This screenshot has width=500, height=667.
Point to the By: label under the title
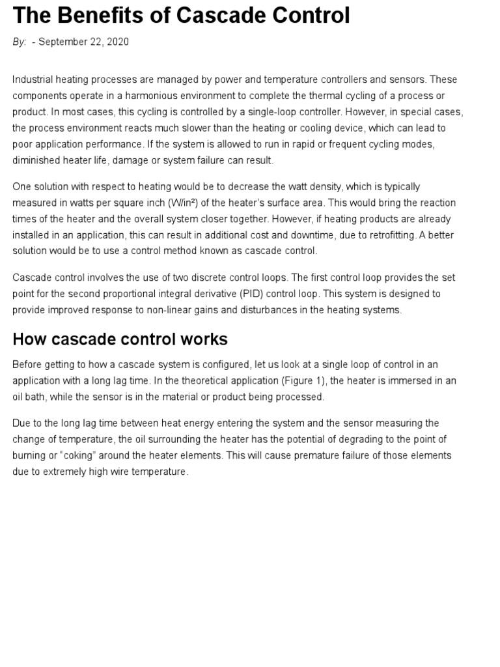[x=20, y=42]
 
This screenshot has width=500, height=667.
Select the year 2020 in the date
[x=118, y=42]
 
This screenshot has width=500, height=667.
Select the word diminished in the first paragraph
[x=37, y=160]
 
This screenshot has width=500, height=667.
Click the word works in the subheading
[x=204, y=339]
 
